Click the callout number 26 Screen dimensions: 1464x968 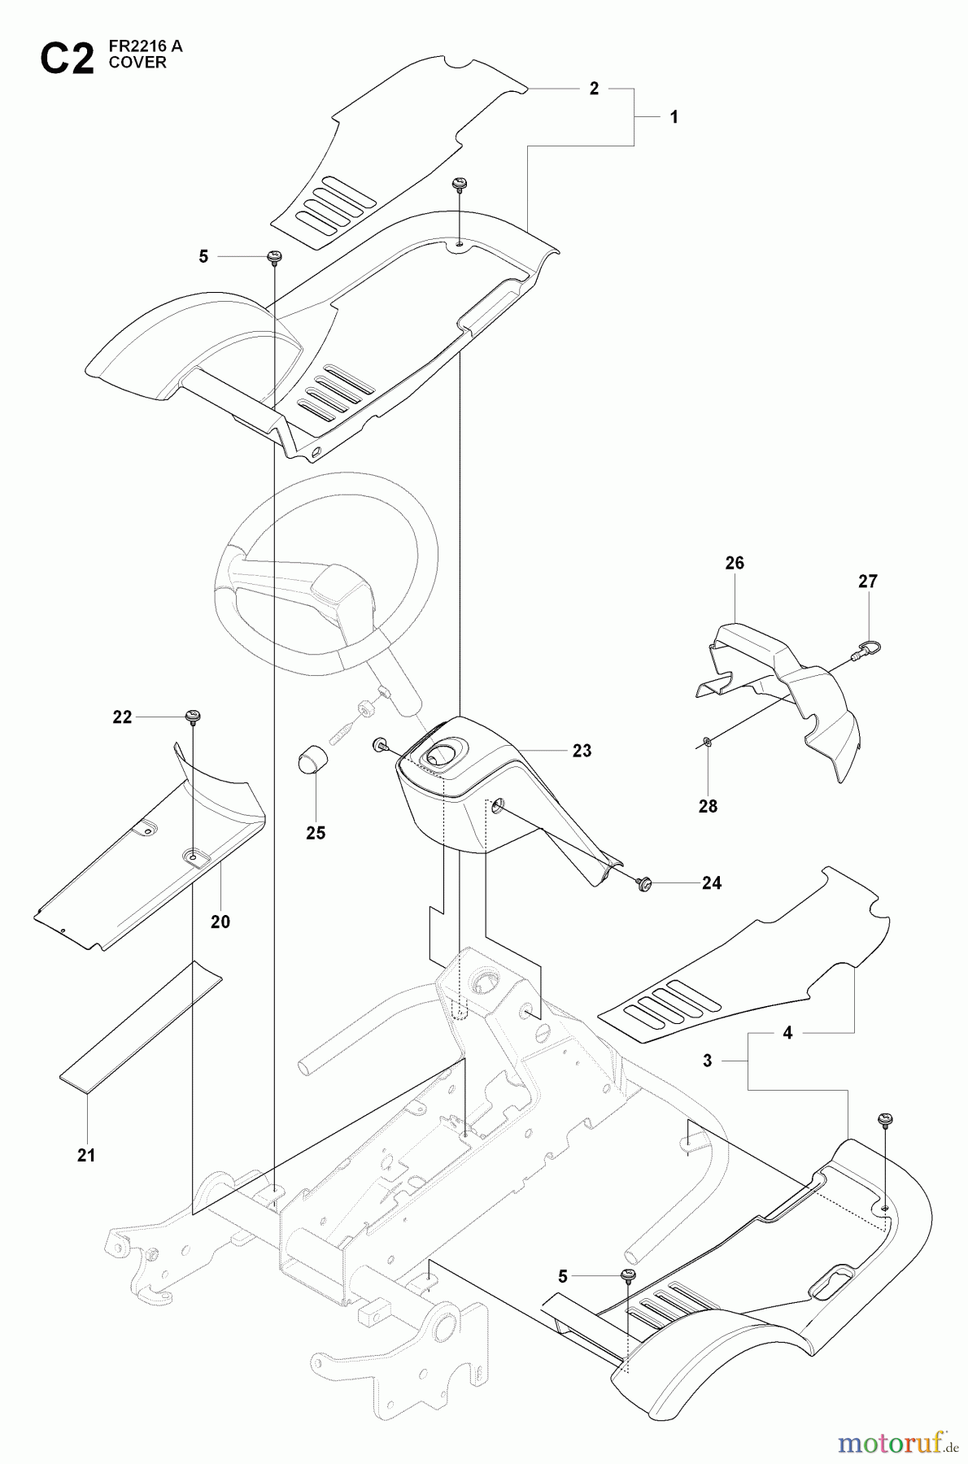pos(735,563)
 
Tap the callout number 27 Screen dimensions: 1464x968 pos(868,582)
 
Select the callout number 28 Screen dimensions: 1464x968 pos(709,806)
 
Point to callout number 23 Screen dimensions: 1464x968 pos(582,751)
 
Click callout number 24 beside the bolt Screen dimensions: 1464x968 pos(712,883)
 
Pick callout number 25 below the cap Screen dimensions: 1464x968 pos(316,833)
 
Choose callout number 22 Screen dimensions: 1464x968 pos(122,717)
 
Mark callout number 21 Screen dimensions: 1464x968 pos(86,1155)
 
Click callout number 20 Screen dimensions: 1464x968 pos(220,922)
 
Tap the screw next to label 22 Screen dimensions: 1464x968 pos(194,717)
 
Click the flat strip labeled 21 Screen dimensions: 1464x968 pos(140,1029)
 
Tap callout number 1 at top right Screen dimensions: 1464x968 pos(674,117)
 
